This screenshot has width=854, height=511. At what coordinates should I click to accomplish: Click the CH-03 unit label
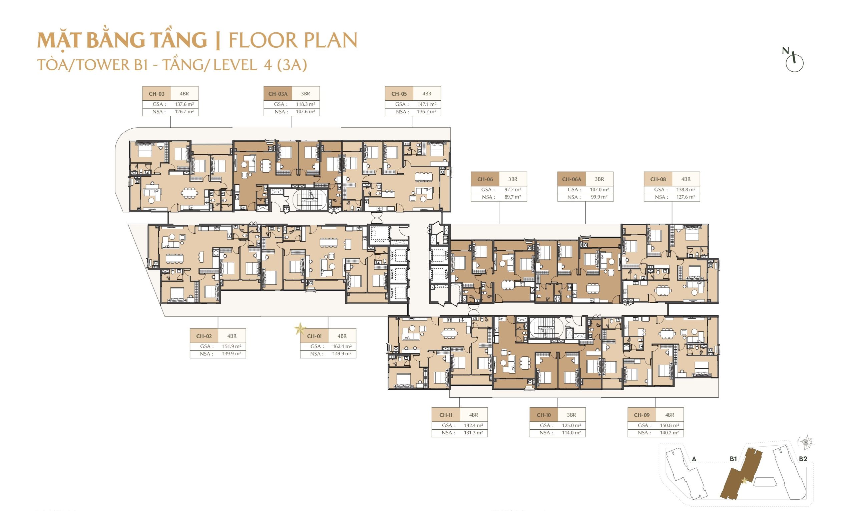click(x=156, y=94)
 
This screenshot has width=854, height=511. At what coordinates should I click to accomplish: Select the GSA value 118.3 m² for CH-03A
click(x=305, y=104)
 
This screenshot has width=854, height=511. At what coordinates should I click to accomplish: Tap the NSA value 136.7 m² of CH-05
click(x=426, y=112)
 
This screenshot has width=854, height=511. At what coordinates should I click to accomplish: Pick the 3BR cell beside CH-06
click(x=513, y=179)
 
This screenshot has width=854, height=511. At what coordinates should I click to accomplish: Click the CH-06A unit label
click(x=571, y=179)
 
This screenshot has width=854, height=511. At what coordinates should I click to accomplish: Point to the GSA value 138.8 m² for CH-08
click(x=686, y=189)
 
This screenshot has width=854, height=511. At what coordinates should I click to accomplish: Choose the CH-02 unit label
click(x=204, y=336)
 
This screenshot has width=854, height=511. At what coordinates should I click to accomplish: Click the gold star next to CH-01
click(x=300, y=329)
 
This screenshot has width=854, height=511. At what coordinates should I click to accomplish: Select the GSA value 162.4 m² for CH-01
click(x=342, y=346)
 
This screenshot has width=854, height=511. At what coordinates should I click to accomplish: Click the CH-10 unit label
click(x=544, y=415)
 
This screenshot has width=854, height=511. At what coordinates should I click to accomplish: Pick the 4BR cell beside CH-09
click(x=670, y=415)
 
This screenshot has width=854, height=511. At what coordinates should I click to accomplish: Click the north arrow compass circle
click(x=794, y=63)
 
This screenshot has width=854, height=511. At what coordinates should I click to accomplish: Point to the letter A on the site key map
click(x=694, y=459)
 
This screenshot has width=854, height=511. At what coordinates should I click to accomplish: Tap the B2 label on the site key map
click(x=803, y=459)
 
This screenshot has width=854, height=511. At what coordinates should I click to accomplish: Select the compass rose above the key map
click(x=806, y=442)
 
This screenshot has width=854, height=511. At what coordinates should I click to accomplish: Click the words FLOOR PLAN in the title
click(x=293, y=40)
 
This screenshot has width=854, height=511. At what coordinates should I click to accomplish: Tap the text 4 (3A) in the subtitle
click(x=285, y=65)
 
